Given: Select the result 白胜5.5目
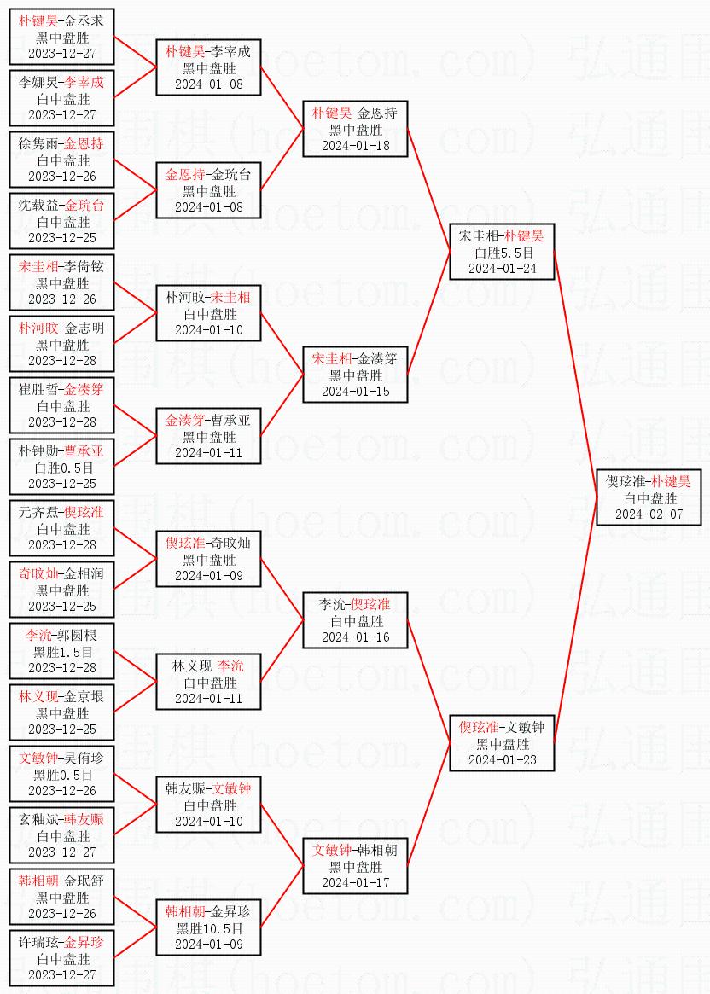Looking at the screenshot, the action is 503,253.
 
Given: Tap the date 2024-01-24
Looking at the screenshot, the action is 503,269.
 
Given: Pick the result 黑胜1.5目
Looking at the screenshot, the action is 62,652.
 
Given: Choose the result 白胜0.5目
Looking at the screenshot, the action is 62,468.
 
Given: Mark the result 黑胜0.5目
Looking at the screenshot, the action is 62,775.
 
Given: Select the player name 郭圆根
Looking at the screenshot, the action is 78,636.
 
